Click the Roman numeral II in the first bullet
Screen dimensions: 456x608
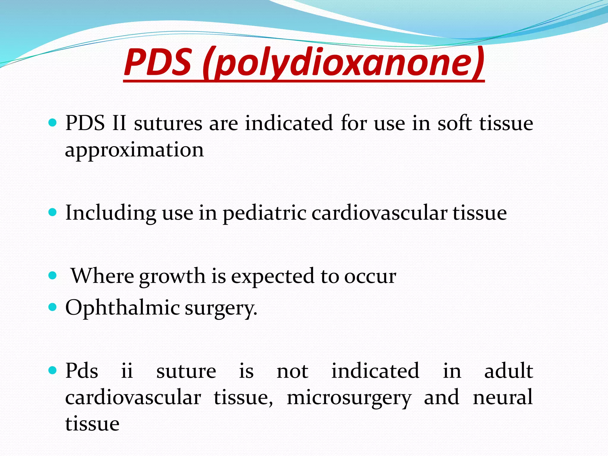click(119, 123)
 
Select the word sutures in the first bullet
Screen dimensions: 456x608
click(168, 123)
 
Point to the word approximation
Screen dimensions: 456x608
click(134, 150)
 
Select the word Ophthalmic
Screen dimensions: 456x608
click(122, 308)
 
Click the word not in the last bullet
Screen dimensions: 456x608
click(292, 371)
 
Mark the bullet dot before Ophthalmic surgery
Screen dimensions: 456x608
click(52, 307)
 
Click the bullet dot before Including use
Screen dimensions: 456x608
click(52, 212)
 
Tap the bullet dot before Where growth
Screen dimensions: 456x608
click(52, 275)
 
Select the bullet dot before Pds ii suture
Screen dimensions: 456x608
click(52, 370)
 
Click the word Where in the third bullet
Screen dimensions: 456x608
click(102, 276)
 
